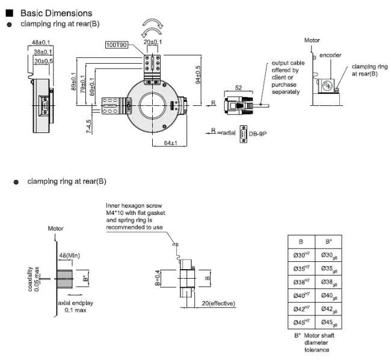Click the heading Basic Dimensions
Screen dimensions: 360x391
pyautogui.click(x=57, y=13)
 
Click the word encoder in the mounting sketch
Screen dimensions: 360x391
pyautogui.click(x=331, y=55)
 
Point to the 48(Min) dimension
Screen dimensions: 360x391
pyautogui.click(x=69, y=255)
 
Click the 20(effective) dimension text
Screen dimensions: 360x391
pyautogui.click(x=218, y=303)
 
